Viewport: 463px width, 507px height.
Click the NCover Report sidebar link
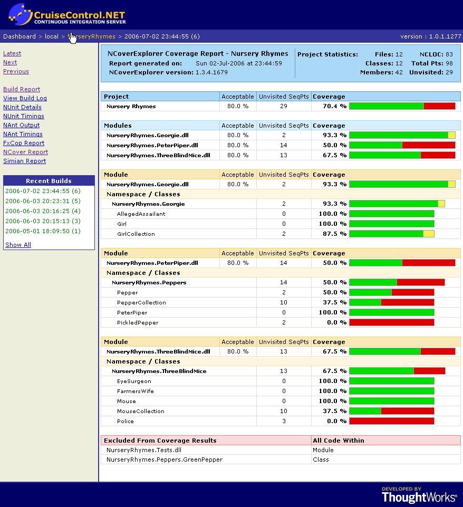25,152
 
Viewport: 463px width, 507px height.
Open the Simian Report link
24,161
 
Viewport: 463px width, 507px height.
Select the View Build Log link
25,98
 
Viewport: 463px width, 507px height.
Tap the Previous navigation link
16,71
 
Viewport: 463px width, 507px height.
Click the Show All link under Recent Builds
18,245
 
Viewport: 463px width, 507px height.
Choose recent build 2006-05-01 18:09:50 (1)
43,231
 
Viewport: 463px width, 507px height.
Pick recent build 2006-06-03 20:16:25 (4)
43,211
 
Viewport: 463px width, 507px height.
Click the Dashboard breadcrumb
20,36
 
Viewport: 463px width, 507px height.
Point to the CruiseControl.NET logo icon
20,14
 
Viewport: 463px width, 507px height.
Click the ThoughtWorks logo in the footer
419,495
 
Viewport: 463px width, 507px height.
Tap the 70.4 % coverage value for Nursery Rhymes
335,106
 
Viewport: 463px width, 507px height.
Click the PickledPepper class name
138,322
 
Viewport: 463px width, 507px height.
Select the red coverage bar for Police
391,421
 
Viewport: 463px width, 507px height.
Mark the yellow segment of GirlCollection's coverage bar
429,234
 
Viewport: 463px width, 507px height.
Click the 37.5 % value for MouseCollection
335,411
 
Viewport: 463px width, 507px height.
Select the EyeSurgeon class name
134,381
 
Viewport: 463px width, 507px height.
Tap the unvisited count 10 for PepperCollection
284,302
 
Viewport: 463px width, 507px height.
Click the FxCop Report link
24,143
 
